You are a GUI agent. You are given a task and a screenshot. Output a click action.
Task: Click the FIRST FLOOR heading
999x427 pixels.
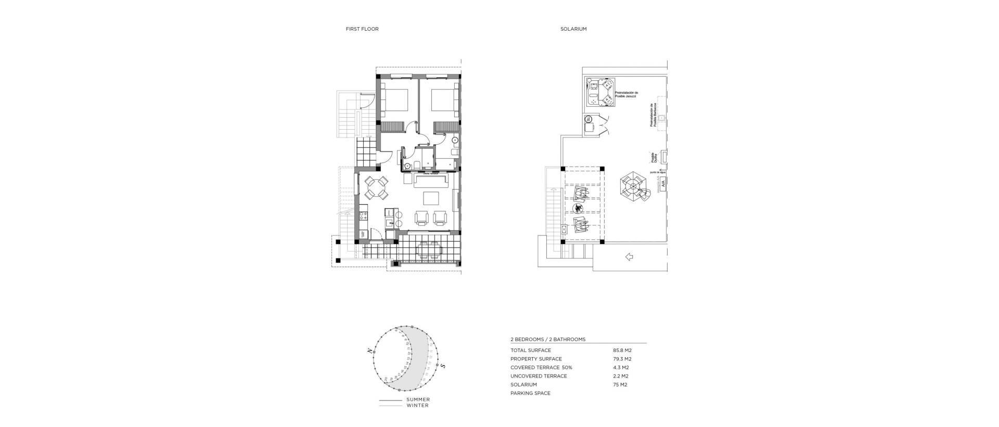pyautogui.click(x=362, y=29)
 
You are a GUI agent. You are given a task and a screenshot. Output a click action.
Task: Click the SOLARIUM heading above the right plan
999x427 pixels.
pyautogui.click(x=573, y=29)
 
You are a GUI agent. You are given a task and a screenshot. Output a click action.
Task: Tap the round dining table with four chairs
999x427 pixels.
pyautogui.click(x=376, y=188)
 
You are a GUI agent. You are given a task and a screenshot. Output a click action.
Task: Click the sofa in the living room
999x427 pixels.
pyautogui.click(x=431, y=181)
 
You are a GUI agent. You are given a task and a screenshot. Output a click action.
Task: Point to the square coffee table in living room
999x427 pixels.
pyautogui.click(x=431, y=199)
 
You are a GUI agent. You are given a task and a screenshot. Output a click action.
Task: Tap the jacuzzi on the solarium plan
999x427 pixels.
pyautogui.click(x=601, y=92)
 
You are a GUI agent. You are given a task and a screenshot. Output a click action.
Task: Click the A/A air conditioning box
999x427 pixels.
pyautogui.click(x=663, y=183)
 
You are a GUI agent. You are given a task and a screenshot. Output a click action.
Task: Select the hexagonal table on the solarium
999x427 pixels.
pyautogui.click(x=632, y=186)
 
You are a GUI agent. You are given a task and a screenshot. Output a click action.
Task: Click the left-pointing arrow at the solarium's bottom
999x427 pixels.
pyautogui.click(x=629, y=257)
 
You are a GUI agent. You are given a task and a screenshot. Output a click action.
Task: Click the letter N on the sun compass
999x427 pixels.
pyautogui.click(x=370, y=351)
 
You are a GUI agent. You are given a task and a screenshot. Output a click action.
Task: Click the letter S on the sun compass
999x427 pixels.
pyautogui.click(x=443, y=366)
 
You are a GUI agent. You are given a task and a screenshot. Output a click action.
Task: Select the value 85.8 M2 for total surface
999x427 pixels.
pyautogui.click(x=622, y=350)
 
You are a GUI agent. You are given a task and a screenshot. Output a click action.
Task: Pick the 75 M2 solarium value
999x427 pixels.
pyautogui.click(x=620, y=385)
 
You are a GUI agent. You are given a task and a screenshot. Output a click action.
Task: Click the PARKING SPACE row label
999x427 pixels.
pyautogui.click(x=530, y=393)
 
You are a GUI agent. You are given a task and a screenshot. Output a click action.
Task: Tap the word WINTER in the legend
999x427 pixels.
pyautogui.click(x=417, y=405)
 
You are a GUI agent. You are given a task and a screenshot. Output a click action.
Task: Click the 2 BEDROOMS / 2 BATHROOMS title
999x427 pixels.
pyautogui.click(x=548, y=340)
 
